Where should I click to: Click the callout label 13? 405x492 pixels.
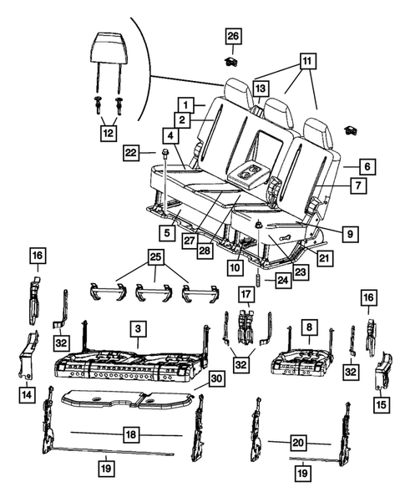pyautogui.click(x=261, y=89)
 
